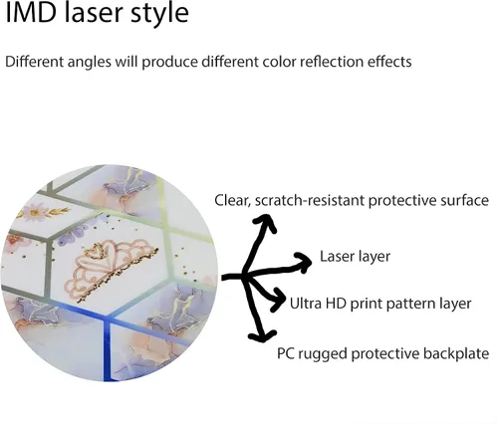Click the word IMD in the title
tap(32, 13)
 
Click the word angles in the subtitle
tap(89, 63)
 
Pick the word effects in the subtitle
tap(389, 62)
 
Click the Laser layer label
tap(355, 257)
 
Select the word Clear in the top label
tap(233, 201)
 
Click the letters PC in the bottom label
tap(285, 353)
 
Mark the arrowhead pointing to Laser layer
tap(304, 262)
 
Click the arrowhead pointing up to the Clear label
tap(265, 223)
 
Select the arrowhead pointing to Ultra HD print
tap(278, 301)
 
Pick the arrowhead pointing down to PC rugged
tap(262, 335)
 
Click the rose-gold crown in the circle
tap(112, 271)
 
